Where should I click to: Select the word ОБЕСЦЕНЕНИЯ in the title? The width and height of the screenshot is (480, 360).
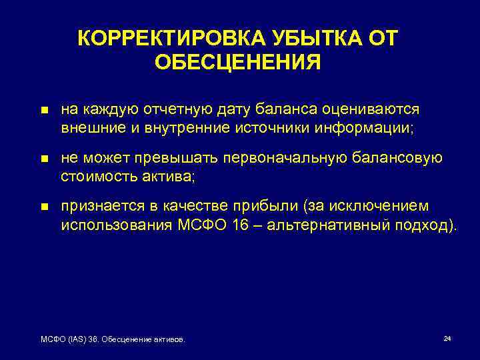[x=237, y=62]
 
